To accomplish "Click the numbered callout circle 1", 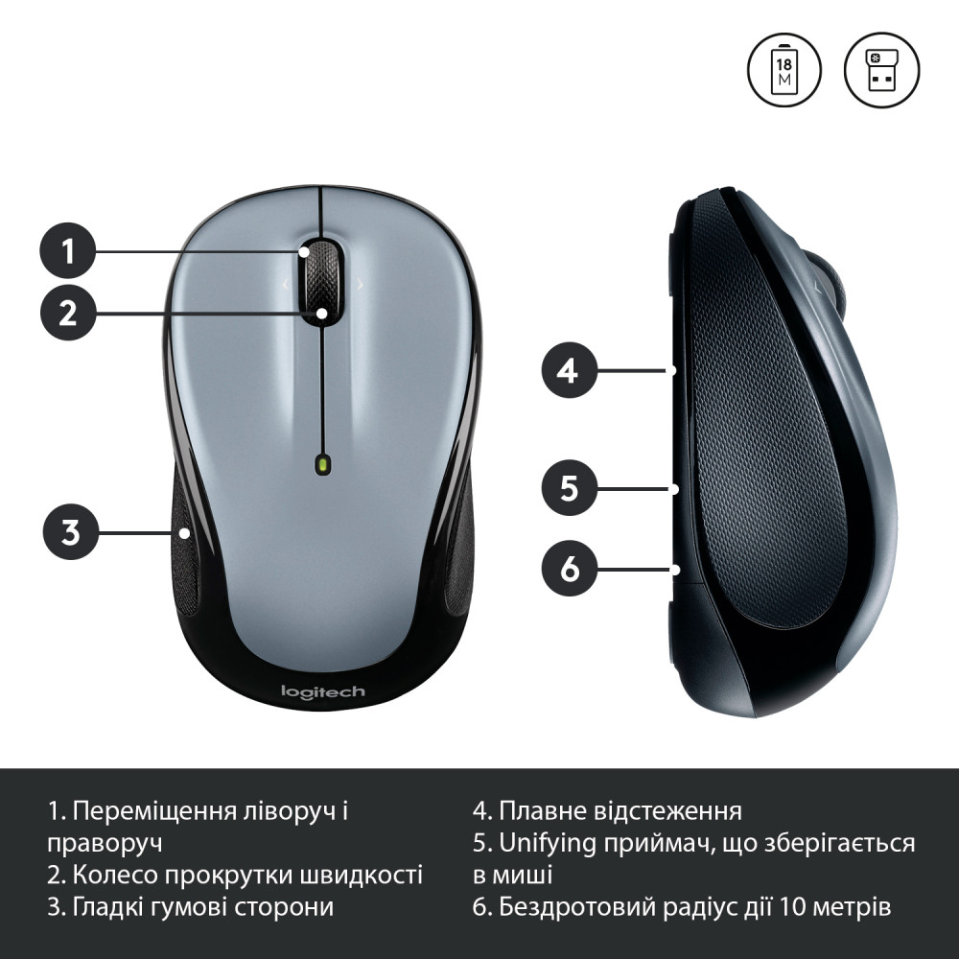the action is coord(68,250).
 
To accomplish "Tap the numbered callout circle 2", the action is coord(68,314).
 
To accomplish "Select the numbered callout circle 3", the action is coord(70,532).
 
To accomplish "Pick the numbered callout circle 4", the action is coord(569,370).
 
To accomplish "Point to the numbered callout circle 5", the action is coord(569,488).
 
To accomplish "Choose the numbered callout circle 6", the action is coord(569,569).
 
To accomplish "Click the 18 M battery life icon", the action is coord(784,70).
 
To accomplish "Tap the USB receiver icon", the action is coord(881,70).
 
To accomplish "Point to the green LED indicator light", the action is coord(322,465).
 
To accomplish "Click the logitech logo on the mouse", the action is coord(322,691).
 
